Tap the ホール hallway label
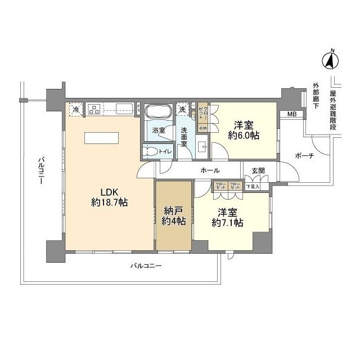click(x=209, y=170)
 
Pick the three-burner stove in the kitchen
click(x=93, y=109)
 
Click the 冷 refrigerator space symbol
click(x=75, y=109)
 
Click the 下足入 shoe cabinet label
click(x=253, y=186)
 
